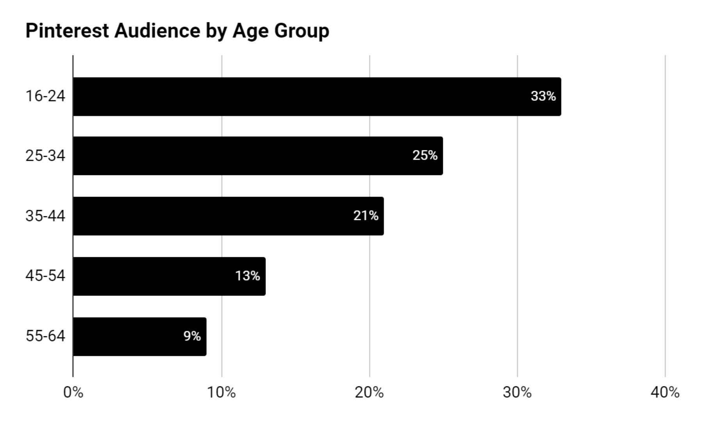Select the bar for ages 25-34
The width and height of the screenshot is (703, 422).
pyautogui.click(x=242, y=156)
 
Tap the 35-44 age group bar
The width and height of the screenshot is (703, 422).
pyautogui.click(x=211, y=216)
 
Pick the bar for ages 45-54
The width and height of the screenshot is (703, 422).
pyautogui.click(x=156, y=276)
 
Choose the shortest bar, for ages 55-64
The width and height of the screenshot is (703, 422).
pyautogui.click(x=129, y=336)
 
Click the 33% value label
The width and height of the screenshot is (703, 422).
pyautogui.click(x=543, y=96)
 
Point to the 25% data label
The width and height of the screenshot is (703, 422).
pyautogui.click(x=425, y=156)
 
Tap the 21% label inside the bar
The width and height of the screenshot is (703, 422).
pyautogui.click(x=366, y=216)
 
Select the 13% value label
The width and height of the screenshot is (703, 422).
pyautogui.click(x=247, y=276)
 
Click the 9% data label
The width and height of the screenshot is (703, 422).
pyautogui.click(x=192, y=336)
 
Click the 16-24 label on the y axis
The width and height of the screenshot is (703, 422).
pyautogui.click(x=45, y=96)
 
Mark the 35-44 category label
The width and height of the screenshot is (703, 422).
pyautogui.click(x=45, y=216)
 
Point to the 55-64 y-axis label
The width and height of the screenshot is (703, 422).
pyautogui.click(x=45, y=336)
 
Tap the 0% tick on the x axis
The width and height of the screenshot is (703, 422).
pyautogui.click(x=73, y=392)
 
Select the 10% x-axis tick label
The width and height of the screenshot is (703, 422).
pyautogui.click(x=221, y=392)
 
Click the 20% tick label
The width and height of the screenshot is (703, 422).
pyautogui.click(x=369, y=392)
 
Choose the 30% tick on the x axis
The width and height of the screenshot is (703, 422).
pyautogui.click(x=517, y=392)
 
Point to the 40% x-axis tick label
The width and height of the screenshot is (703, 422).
pyautogui.click(x=665, y=392)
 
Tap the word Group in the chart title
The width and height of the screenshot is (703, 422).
pyautogui.click(x=302, y=31)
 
